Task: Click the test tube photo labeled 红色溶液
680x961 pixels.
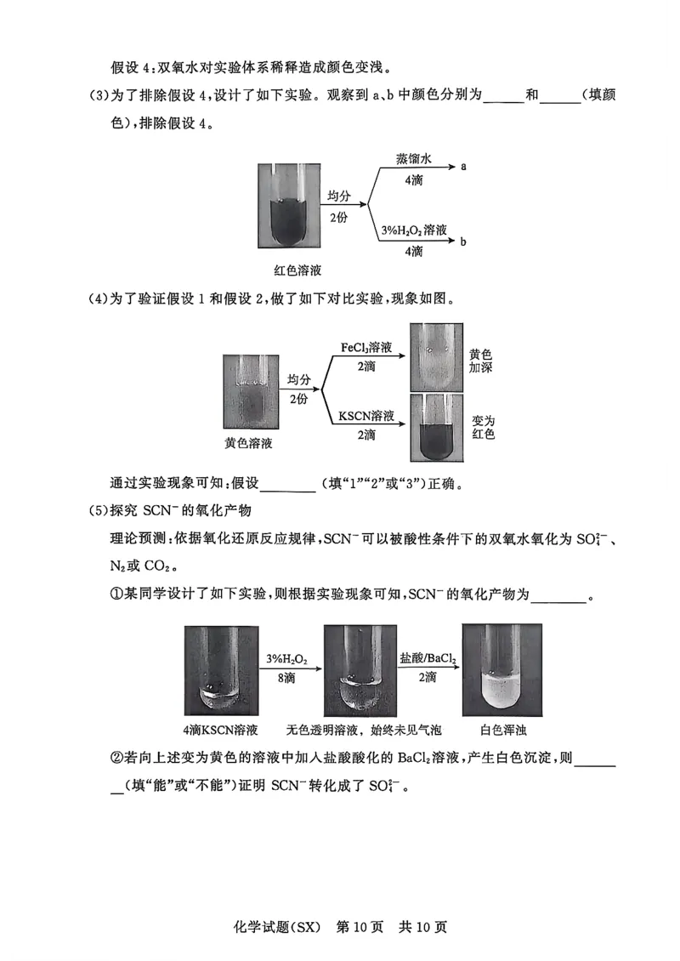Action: pos(289,206)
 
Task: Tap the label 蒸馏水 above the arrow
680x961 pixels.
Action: pos(414,159)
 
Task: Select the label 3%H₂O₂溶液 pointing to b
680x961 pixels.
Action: pos(414,230)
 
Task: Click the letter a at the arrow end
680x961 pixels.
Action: pos(464,167)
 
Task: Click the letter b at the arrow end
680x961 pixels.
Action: pos(463,242)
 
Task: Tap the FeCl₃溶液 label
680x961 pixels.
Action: pos(365,348)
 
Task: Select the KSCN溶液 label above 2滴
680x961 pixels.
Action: pos(366,417)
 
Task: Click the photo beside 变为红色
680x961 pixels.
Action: pos(436,428)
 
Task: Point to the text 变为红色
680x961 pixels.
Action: pos(484,427)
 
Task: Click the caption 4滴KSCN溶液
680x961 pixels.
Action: pos(220,730)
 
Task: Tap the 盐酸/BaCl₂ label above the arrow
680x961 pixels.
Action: pos(428,659)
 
